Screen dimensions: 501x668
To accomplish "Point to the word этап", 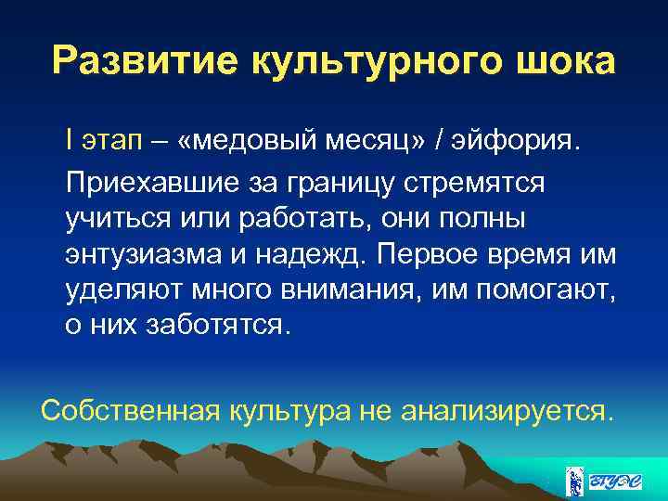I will pyautogui.click(x=109, y=142).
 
